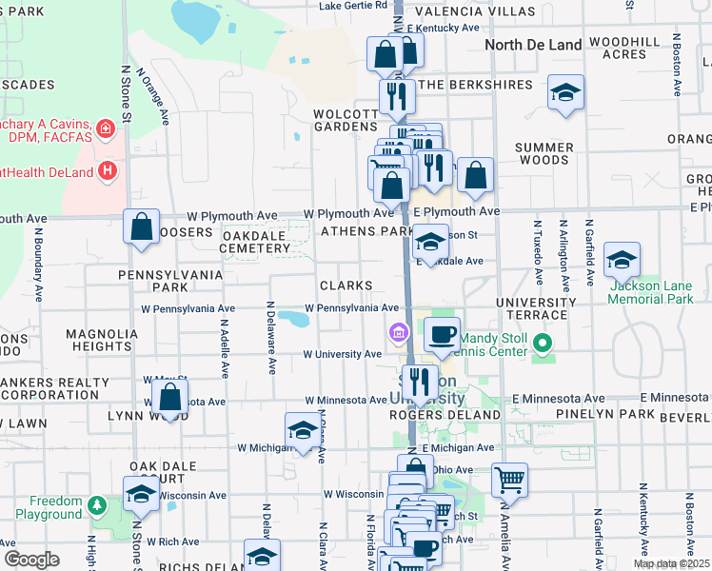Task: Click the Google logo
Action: (x=30, y=560)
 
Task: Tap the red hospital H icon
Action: (x=108, y=171)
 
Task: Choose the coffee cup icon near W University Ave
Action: (x=442, y=333)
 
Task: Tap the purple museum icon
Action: (x=398, y=333)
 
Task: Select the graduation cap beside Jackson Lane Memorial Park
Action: (x=622, y=259)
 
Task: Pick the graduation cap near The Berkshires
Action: (x=565, y=92)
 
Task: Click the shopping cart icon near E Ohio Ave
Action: (x=510, y=479)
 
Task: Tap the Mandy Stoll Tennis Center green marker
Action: (x=543, y=343)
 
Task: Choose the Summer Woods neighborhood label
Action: (x=544, y=154)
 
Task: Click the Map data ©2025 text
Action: (x=671, y=563)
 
